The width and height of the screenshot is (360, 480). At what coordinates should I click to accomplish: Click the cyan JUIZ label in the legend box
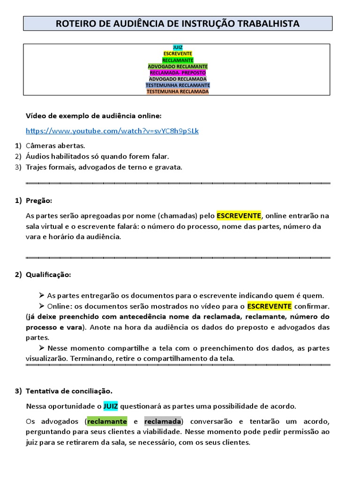(178, 47)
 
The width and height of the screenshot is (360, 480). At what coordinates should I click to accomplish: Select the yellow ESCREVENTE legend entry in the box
(178, 54)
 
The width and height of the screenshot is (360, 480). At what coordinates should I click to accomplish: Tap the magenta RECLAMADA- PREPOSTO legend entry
(178, 73)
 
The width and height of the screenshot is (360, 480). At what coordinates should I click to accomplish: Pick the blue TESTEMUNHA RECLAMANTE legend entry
(178, 85)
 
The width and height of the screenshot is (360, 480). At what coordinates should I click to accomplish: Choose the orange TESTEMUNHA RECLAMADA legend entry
(178, 92)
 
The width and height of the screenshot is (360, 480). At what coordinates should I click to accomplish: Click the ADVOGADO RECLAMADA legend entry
(178, 79)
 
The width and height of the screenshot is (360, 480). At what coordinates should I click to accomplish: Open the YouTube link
(112, 131)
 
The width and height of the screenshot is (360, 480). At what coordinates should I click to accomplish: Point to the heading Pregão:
(39, 201)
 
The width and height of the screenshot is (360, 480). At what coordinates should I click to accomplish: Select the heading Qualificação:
(48, 274)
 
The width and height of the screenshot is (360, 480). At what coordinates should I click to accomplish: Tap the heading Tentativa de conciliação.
(69, 391)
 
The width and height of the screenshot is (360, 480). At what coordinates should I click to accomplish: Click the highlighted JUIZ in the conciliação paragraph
(111, 406)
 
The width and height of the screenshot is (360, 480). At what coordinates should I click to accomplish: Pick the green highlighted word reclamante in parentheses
(107, 421)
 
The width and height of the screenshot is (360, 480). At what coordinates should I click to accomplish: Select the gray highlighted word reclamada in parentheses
(163, 421)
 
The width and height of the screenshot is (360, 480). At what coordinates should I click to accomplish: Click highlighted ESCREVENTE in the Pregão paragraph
(239, 216)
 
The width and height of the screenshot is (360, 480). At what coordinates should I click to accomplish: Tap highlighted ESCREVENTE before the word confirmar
(270, 306)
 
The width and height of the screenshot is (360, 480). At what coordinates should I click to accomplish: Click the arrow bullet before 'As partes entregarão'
(42, 295)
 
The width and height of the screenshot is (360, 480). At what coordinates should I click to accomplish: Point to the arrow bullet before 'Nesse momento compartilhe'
(42, 348)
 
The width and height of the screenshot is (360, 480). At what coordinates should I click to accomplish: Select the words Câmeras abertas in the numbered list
(55, 146)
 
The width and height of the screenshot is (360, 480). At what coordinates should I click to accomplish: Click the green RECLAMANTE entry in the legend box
(178, 60)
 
